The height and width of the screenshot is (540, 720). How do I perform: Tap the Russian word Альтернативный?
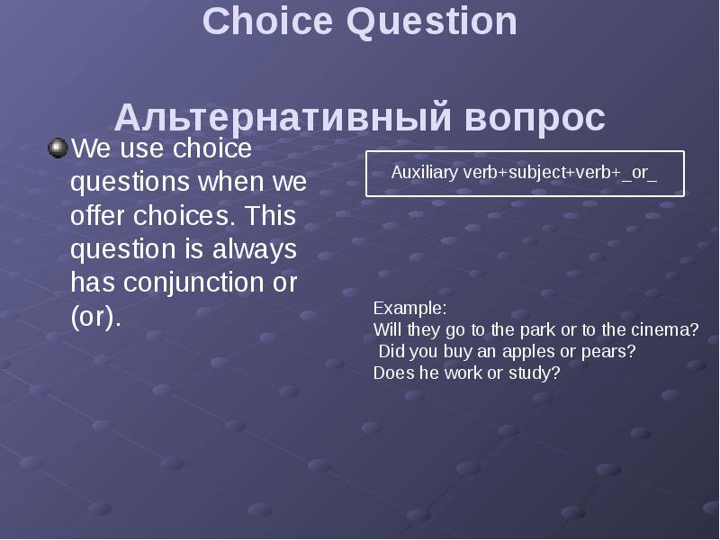click(x=283, y=118)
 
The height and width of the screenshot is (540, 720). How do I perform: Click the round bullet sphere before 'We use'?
click(x=58, y=148)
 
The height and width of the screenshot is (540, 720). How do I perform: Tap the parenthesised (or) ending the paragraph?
click(x=94, y=317)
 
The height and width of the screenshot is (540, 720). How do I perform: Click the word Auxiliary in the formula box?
click(x=424, y=173)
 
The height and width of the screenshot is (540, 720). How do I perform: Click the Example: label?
click(x=403, y=308)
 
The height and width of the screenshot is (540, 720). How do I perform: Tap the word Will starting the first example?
click(x=388, y=329)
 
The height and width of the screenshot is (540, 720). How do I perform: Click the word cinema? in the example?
click(x=662, y=329)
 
